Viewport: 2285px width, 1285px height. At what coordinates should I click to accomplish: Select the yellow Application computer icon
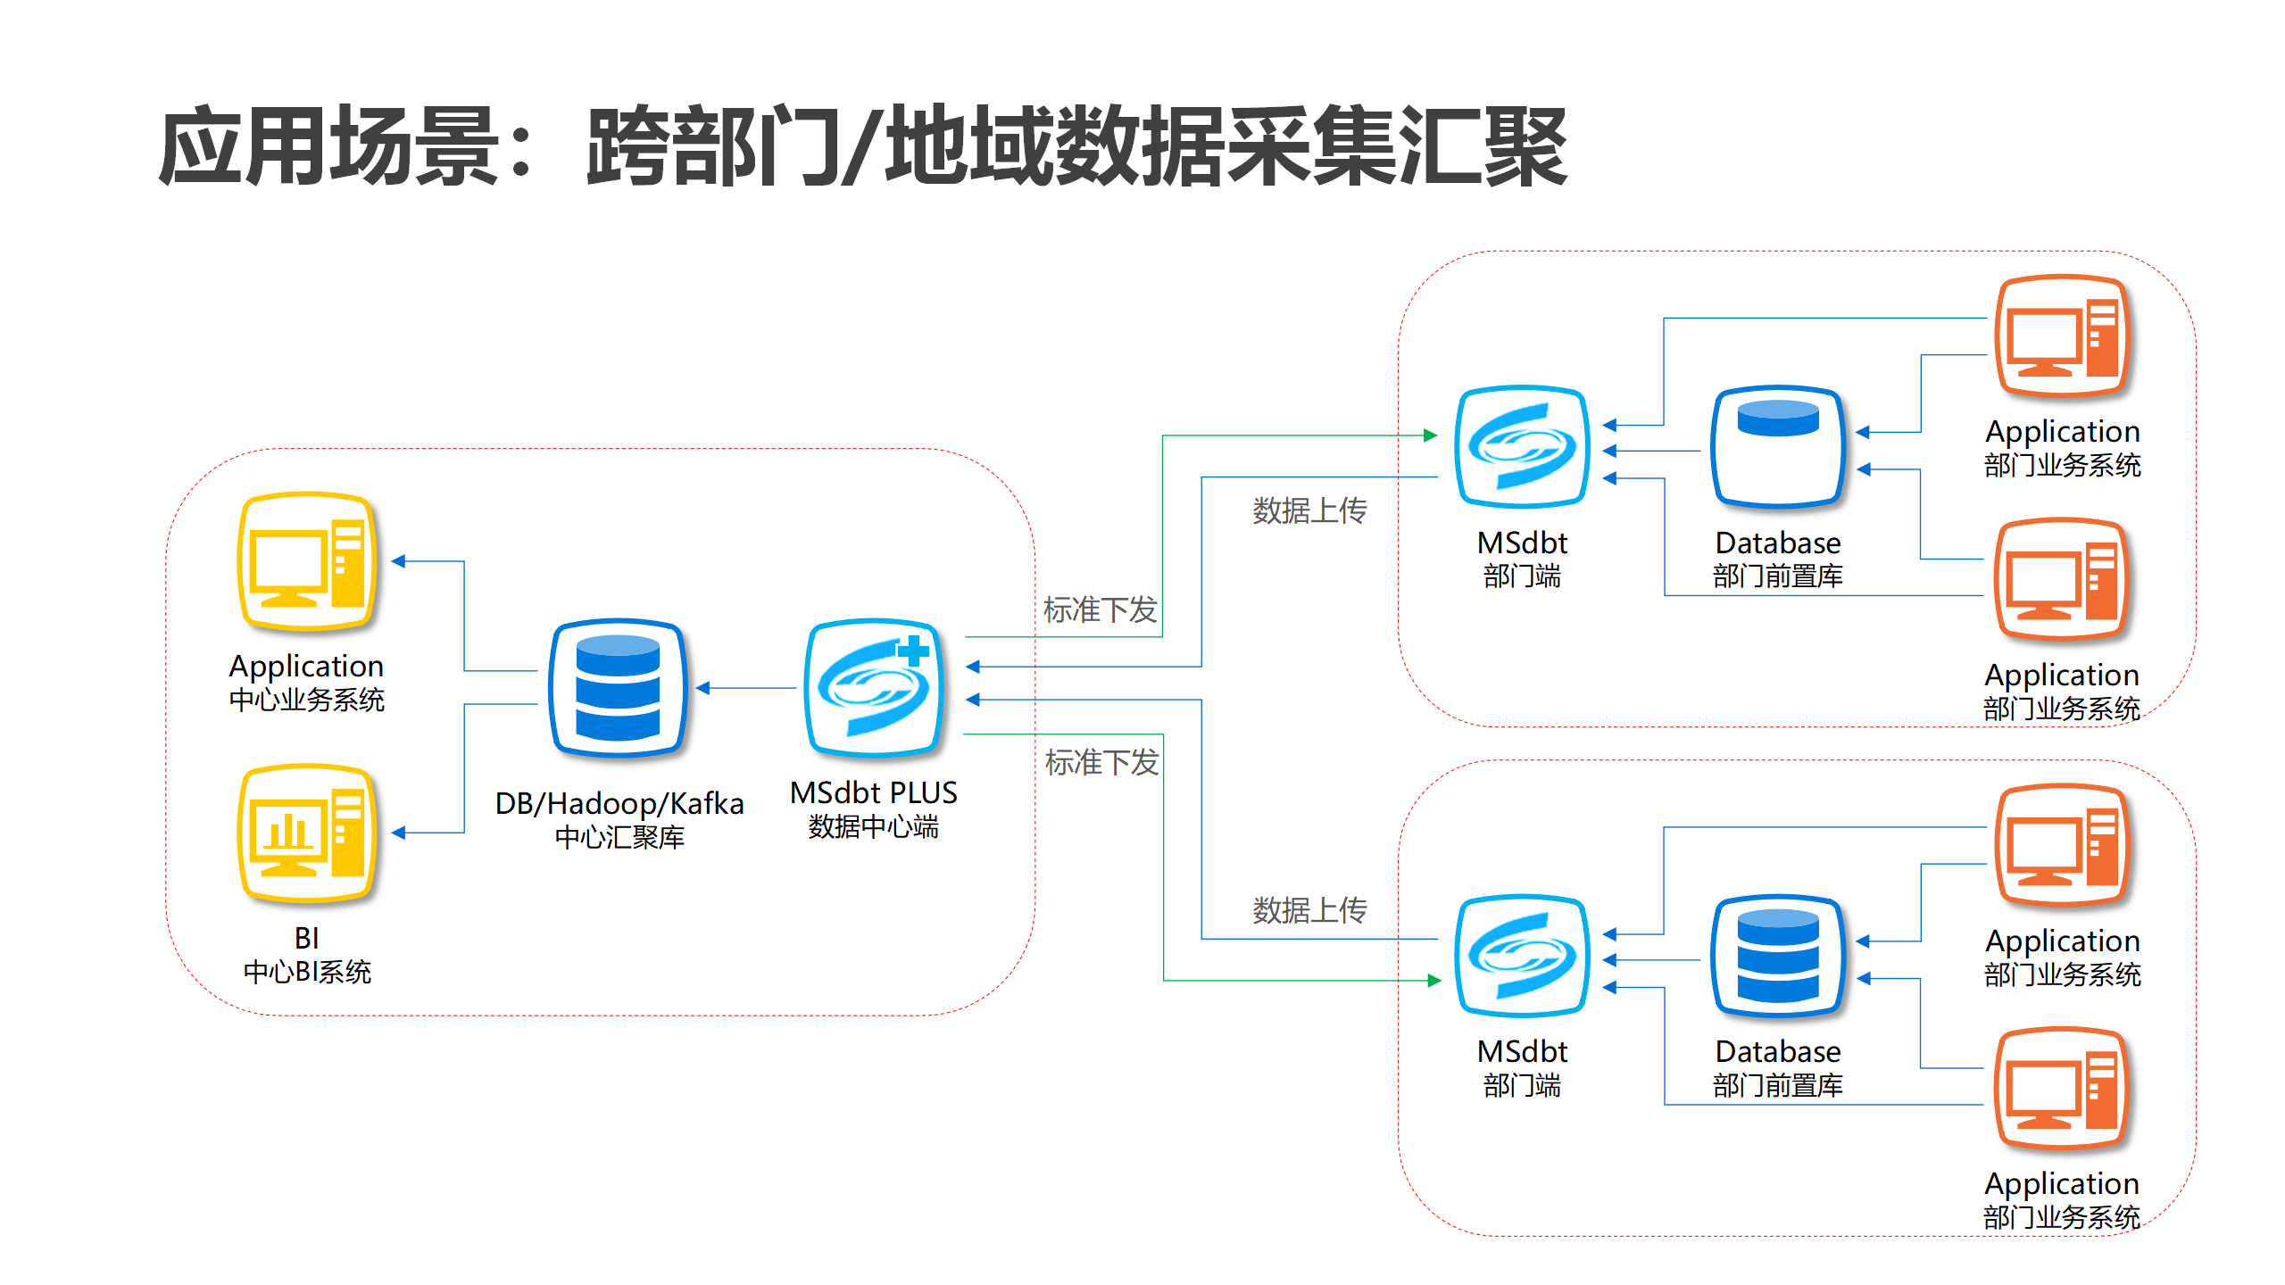tap(307, 562)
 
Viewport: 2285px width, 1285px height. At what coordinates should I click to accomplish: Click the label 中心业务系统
tap(307, 701)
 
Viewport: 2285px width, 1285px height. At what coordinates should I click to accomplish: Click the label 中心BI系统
tap(307, 972)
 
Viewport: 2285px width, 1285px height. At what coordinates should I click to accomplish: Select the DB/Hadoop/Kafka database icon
tap(618, 688)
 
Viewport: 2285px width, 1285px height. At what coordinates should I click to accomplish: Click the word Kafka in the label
tap(707, 804)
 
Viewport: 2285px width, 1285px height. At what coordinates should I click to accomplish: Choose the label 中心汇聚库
tap(619, 838)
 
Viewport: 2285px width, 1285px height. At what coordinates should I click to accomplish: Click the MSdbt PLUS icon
tap(874, 688)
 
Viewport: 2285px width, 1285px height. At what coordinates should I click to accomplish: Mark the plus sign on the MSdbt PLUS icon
tap(913, 651)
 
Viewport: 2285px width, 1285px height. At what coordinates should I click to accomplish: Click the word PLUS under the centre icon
tap(923, 793)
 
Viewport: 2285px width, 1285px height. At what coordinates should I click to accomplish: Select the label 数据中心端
tap(874, 827)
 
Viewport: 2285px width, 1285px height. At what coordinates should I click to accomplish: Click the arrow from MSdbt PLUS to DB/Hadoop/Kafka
tap(745, 688)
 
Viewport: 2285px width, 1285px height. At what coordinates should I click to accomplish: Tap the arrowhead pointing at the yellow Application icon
tap(399, 561)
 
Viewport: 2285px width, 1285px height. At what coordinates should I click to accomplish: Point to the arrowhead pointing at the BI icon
tap(399, 833)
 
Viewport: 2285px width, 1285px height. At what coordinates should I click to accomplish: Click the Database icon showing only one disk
tap(1778, 446)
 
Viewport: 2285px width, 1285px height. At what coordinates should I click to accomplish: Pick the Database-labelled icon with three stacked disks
tap(1778, 957)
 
